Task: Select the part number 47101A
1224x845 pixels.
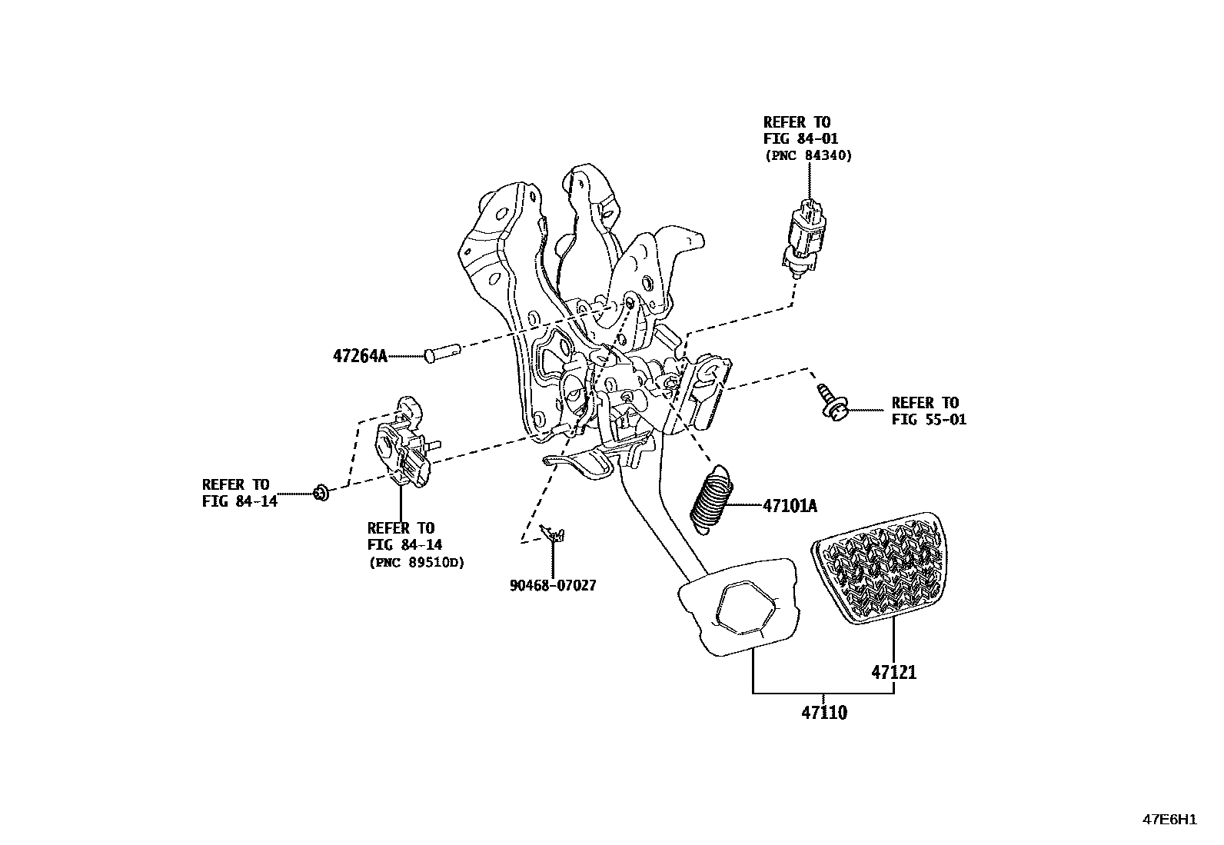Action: (790, 506)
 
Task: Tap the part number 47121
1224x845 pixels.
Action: (893, 672)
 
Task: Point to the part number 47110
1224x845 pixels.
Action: (824, 713)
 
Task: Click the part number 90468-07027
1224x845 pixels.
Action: (552, 585)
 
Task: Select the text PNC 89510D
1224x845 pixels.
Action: (417, 562)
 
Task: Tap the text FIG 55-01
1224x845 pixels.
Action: (929, 420)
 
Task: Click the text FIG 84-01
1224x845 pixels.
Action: (800, 138)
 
